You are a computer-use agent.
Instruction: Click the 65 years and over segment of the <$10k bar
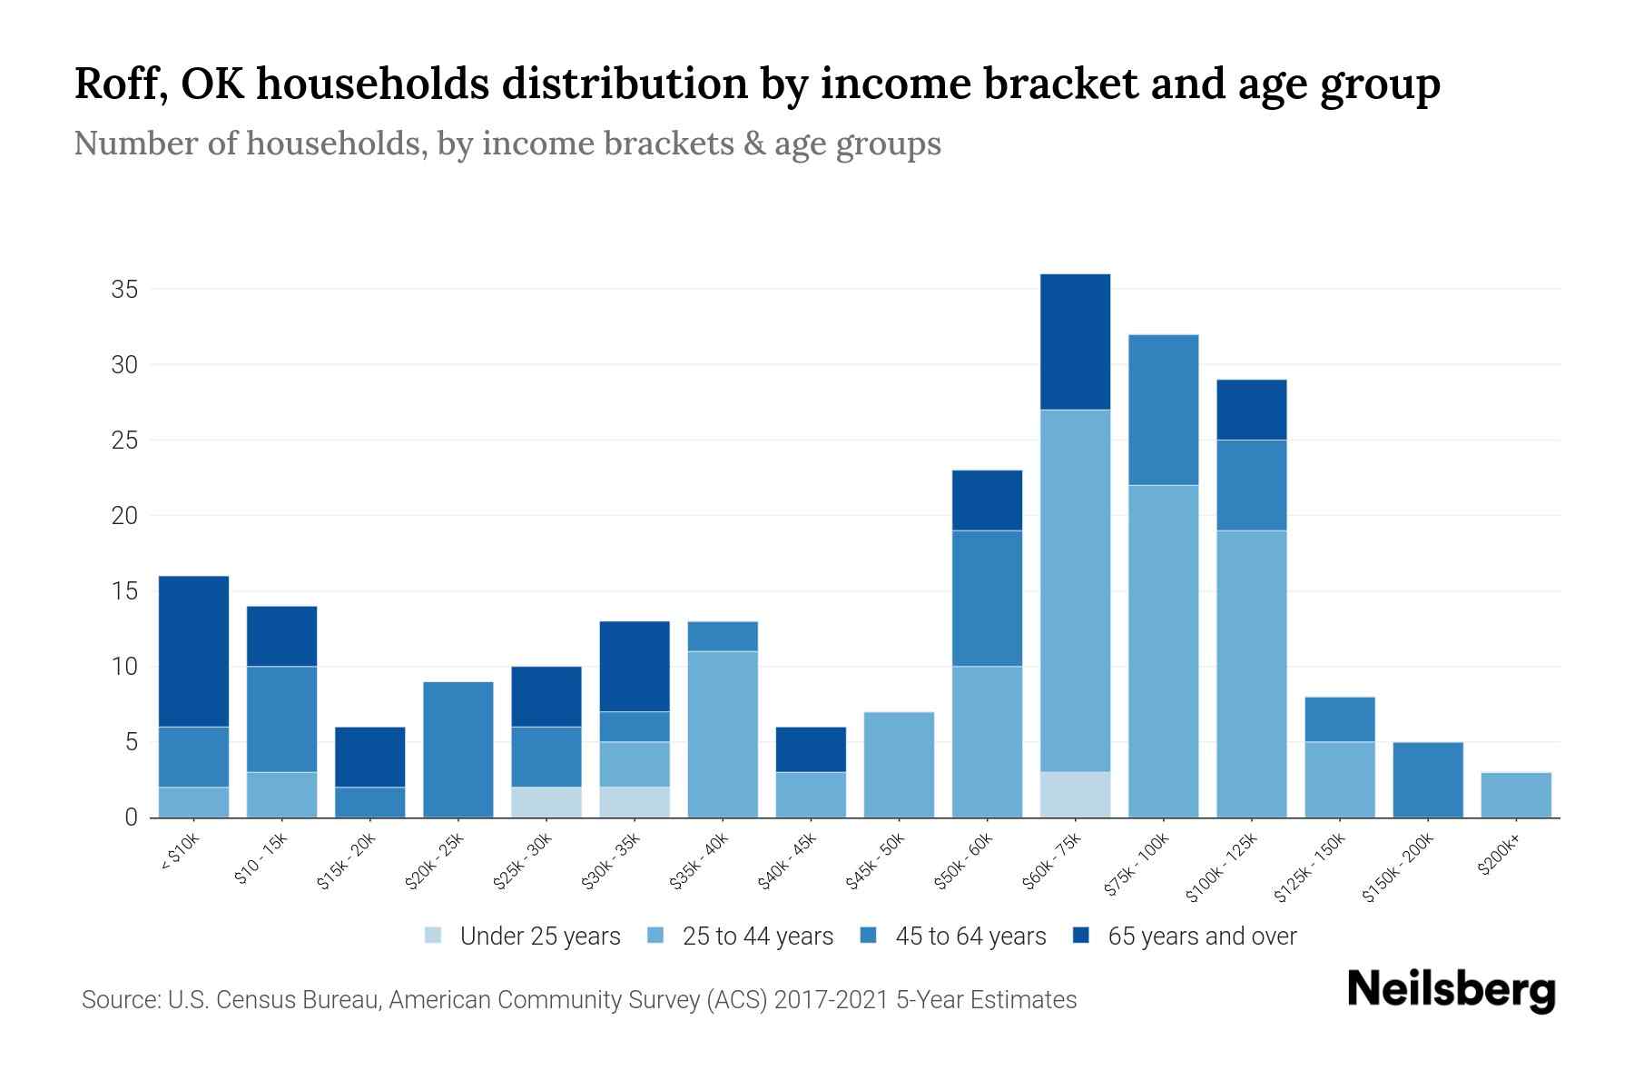pyautogui.click(x=194, y=650)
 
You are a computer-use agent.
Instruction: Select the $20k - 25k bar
pyautogui.click(x=458, y=749)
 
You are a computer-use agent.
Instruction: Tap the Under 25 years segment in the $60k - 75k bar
pyautogui.click(x=1075, y=794)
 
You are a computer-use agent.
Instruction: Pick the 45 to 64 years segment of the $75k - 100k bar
pyautogui.click(x=1163, y=410)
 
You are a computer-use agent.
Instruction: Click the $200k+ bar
pyautogui.click(x=1515, y=795)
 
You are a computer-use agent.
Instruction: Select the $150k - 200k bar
pyautogui.click(x=1427, y=779)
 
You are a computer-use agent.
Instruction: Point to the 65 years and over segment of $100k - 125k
pyautogui.click(x=1251, y=410)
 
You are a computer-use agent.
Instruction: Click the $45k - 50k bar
pyautogui.click(x=899, y=764)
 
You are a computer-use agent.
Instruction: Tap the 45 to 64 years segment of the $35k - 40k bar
pyautogui.click(x=723, y=636)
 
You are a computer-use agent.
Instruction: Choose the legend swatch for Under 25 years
pyautogui.click(x=434, y=936)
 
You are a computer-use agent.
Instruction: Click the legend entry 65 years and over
pyautogui.click(x=1201, y=936)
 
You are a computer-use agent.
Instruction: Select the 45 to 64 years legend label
pyautogui.click(x=970, y=936)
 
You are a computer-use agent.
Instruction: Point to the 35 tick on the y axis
pyautogui.click(x=124, y=290)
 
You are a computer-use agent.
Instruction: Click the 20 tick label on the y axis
pyautogui.click(x=124, y=516)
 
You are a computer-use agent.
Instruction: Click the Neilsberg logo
pyautogui.click(x=1451, y=990)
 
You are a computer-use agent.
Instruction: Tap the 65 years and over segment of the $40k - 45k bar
pyautogui.click(x=811, y=748)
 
